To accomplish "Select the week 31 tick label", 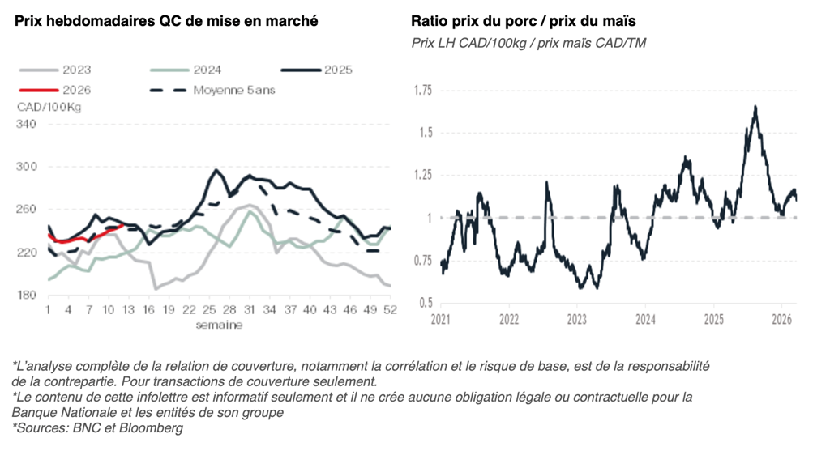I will coord(250,310).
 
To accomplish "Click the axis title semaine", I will coord(218,325).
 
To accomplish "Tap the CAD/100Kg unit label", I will coord(49,106).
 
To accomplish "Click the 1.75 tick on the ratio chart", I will coord(422,90).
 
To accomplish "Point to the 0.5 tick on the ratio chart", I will coord(426,303).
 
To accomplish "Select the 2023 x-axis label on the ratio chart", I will coord(576,320).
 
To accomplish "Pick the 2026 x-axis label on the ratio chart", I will coord(781,320).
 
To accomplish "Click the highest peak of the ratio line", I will coord(755,107).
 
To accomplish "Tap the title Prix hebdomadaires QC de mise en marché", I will coord(167,21).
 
